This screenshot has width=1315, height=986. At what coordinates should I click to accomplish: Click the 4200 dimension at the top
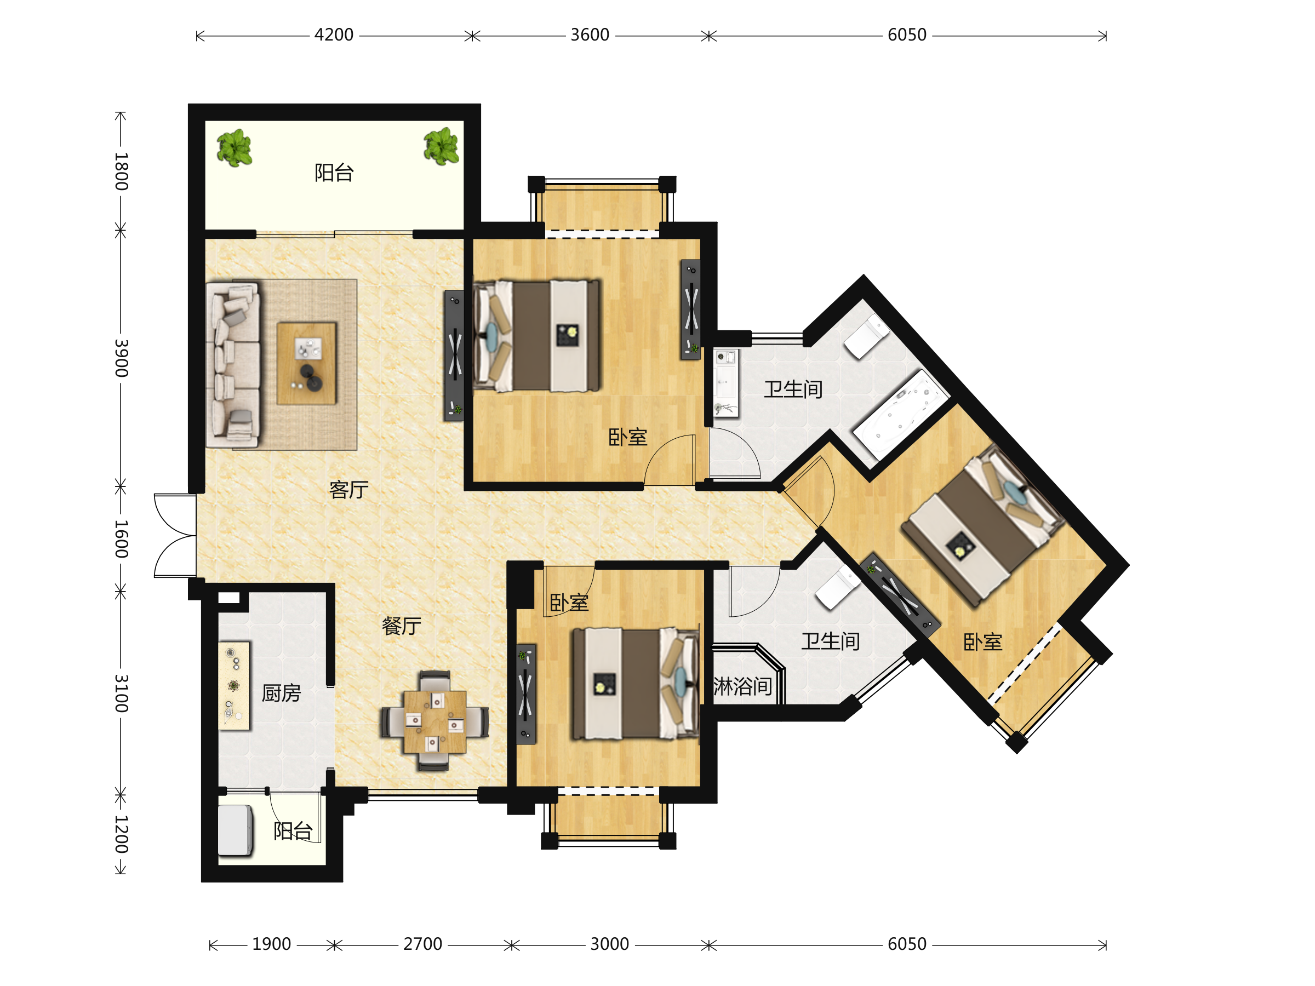pyautogui.click(x=334, y=35)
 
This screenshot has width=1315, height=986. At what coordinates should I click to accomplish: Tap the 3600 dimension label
pyautogui.click(x=590, y=35)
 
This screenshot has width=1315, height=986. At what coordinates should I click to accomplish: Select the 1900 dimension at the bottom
pyautogui.click(x=271, y=944)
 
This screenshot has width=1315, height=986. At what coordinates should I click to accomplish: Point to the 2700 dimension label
pyautogui.click(x=422, y=944)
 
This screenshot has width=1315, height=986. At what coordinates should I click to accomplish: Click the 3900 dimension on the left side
pyautogui.click(x=121, y=358)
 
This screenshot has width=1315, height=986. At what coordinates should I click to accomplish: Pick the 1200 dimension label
pyautogui.click(x=121, y=834)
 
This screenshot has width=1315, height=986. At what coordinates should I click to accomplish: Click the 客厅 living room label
pyautogui.click(x=349, y=490)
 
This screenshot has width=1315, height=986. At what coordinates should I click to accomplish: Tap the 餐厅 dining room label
pyautogui.click(x=401, y=626)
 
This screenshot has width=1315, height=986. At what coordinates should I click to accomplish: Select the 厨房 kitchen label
pyautogui.click(x=281, y=693)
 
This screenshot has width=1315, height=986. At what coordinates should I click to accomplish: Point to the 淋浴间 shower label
pyautogui.click(x=742, y=687)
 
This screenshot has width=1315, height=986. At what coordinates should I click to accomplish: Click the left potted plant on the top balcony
pyautogui.click(x=234, y=147)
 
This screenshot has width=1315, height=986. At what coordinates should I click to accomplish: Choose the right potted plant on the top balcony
pyautogui.click(x=441, y=146)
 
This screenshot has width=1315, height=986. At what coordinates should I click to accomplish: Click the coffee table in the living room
pyautogui.click(x=307, y=364)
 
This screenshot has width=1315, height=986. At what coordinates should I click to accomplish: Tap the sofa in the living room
pyautogui.click(x=233, y=364)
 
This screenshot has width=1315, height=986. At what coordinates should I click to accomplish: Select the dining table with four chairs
pyautogui.click(x=434, y=721)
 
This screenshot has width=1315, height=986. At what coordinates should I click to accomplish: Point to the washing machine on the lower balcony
pyautogui.click(x=236, y=830)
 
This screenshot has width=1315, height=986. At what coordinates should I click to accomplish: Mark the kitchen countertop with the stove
pyautogui.click(x=234, y=685)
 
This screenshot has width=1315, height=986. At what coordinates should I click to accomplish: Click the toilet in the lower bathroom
pyautogui.click(x=838, y=587)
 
